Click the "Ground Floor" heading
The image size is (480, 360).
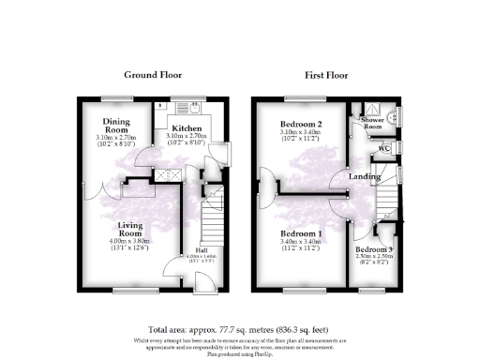[153, 75]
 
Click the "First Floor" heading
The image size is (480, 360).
[328, 75]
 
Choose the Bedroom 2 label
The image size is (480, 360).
[301, 125]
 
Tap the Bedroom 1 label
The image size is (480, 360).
[301, 233]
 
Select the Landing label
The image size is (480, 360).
[364, 176]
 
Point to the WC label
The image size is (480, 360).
[384, 148]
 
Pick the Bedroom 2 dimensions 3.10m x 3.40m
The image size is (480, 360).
[301, 134]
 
